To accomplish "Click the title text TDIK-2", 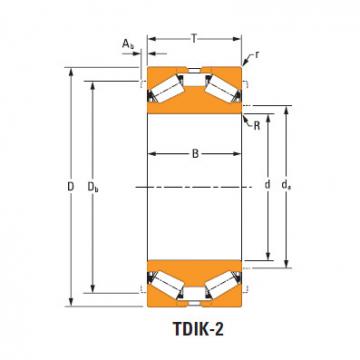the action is click(198, 329).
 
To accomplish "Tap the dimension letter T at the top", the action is click(194, 39).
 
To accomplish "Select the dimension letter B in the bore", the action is click(195, 154).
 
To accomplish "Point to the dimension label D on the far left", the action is click(70, 187).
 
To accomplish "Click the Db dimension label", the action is click(93, 187).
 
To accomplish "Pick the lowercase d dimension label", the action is click(267, 184).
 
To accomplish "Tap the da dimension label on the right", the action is click(286, 185).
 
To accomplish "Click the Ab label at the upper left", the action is click(128, 44).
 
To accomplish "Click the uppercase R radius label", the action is click(257, 126).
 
